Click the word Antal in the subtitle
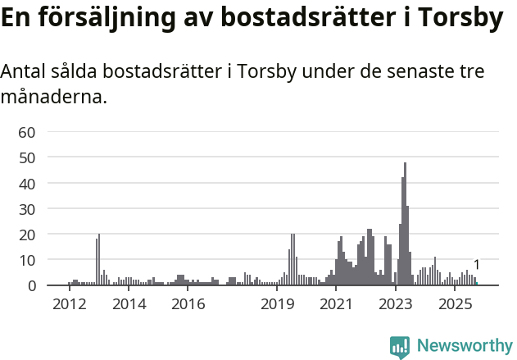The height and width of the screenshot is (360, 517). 25,72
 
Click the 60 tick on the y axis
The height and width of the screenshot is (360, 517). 26,132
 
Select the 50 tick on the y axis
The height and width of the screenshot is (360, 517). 26,157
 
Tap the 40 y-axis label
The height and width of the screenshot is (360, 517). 26,183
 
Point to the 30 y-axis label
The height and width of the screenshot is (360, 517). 26,209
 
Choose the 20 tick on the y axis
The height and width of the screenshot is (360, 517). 26,235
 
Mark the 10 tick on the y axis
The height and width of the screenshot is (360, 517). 26,260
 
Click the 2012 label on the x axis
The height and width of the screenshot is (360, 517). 69,305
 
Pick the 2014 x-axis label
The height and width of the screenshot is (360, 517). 129,305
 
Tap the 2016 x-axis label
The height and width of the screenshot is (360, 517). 188,305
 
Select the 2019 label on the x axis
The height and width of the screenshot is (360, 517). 278,305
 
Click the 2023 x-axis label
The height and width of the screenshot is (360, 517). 397,305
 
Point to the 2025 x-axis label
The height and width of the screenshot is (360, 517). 456,305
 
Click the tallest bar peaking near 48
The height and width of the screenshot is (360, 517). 405,226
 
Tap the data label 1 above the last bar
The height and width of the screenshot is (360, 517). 477,265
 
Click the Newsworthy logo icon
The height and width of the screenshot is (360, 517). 400,347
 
